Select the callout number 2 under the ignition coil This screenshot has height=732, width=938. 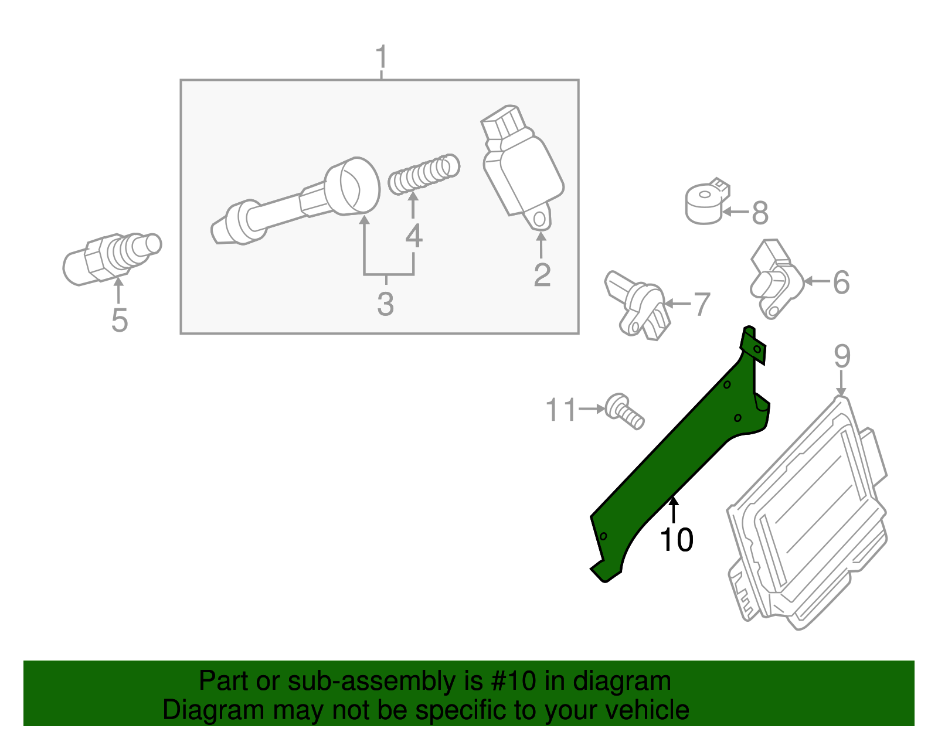click(542, 275)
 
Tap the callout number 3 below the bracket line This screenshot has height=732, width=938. click(385, 304)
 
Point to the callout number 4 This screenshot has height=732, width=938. click(414, 236)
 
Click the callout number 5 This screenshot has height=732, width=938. click(119, 320)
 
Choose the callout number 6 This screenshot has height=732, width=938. click(841, 282)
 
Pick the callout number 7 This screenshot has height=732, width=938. click(702, 305)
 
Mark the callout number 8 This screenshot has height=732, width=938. click(760, 213)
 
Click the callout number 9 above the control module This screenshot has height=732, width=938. click(842, 356)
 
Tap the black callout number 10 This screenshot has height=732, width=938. click(677, 540)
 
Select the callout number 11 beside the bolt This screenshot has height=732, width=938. click(562, 410)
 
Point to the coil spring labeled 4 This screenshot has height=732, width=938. click(424, 174)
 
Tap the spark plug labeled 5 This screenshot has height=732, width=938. click(111, 258)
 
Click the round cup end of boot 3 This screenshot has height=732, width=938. click(352, 185)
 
